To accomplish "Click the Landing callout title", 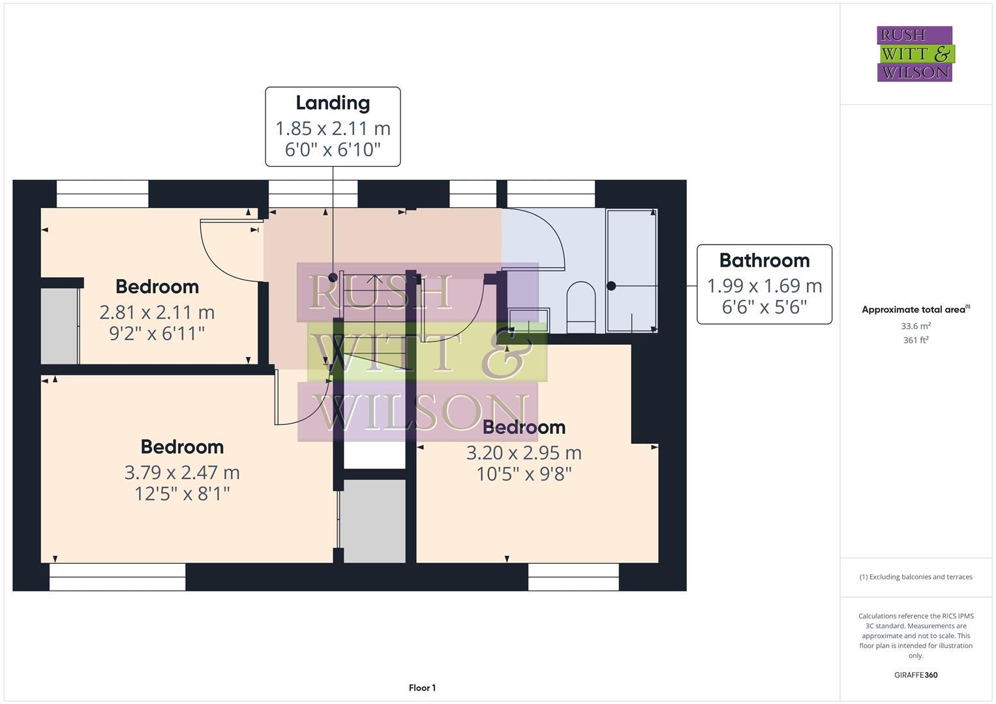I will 333,103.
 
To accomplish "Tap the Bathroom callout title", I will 764,261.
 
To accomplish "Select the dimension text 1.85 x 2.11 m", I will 333,128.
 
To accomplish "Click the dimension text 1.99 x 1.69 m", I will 764,286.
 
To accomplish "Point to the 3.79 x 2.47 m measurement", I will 182,472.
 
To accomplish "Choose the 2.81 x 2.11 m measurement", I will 157,312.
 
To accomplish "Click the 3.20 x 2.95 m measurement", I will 524,452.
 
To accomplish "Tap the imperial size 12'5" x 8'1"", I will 182,493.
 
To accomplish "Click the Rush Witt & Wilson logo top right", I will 914,53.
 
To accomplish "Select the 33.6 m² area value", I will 916,326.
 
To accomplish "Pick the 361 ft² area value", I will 916,340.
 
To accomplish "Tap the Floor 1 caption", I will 422,688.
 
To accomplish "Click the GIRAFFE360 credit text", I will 916,675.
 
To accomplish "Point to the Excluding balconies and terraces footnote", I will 916,577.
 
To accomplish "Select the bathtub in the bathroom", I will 631,271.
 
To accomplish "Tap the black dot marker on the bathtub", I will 611,286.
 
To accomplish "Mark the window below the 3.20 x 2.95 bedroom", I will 573,577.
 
